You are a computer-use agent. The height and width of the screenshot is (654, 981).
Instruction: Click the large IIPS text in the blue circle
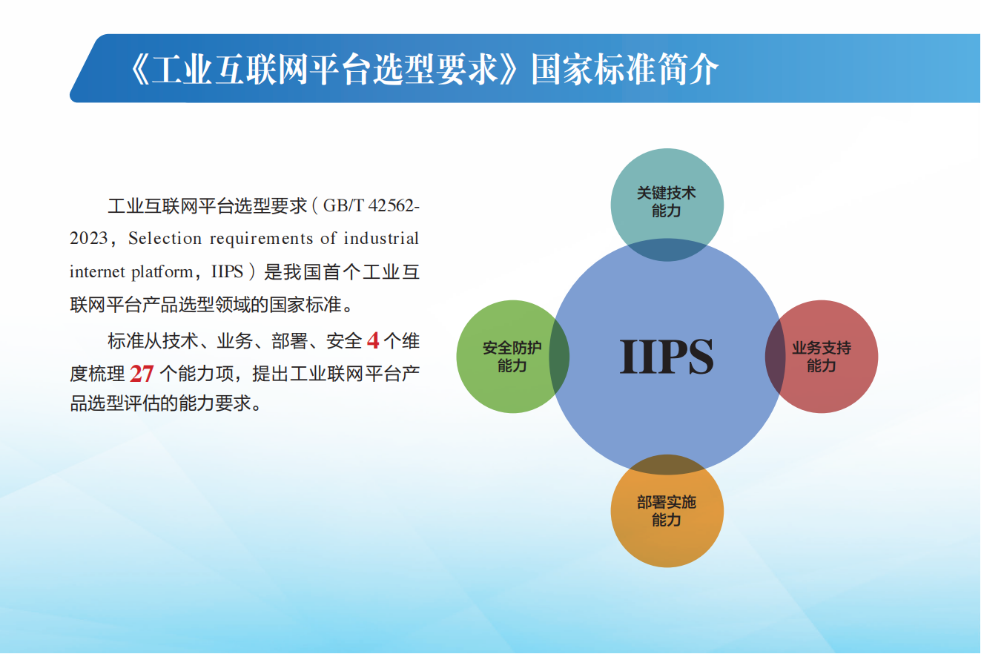tap(666, 357)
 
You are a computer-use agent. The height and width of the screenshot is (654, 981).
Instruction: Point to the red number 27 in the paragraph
tap(142, 374)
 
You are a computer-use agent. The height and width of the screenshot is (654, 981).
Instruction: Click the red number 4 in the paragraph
tap(373, 341)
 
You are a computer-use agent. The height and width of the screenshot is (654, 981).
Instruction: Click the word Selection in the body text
tap(165, 238)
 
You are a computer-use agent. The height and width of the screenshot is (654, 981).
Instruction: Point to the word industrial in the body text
tap(381, 238)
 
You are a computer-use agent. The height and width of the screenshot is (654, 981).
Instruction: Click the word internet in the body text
tap(97, 271)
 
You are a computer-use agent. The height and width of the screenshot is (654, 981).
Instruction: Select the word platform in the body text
tap(162, 272)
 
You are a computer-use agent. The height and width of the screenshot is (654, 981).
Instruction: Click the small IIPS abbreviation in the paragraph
tap(227, 271)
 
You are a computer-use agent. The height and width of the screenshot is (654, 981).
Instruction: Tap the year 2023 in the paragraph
tap(89, 238)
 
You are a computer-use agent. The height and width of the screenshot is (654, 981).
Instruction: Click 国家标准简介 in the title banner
tap(624, 69)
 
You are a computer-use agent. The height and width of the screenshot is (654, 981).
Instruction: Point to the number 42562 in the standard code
tap(391, 205)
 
